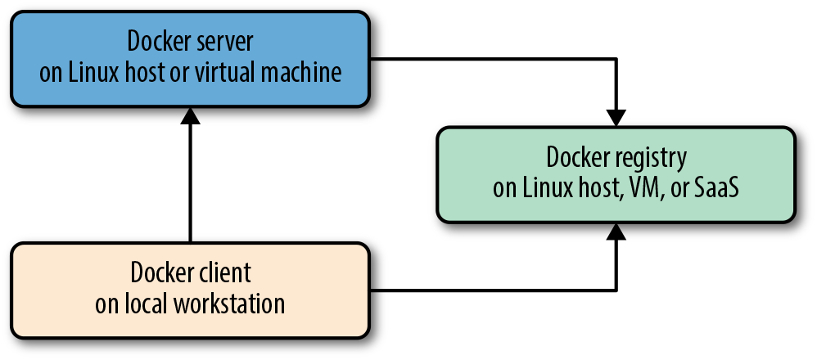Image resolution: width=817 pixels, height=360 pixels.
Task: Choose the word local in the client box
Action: click(147, 304)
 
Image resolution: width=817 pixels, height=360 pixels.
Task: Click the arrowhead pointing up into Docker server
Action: click(190, 117)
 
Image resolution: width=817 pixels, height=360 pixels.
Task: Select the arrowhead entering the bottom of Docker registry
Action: click(616, 233)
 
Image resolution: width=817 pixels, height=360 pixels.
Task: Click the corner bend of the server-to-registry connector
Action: click(616, 59)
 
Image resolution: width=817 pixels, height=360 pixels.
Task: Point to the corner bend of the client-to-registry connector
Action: click(616, 290)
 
